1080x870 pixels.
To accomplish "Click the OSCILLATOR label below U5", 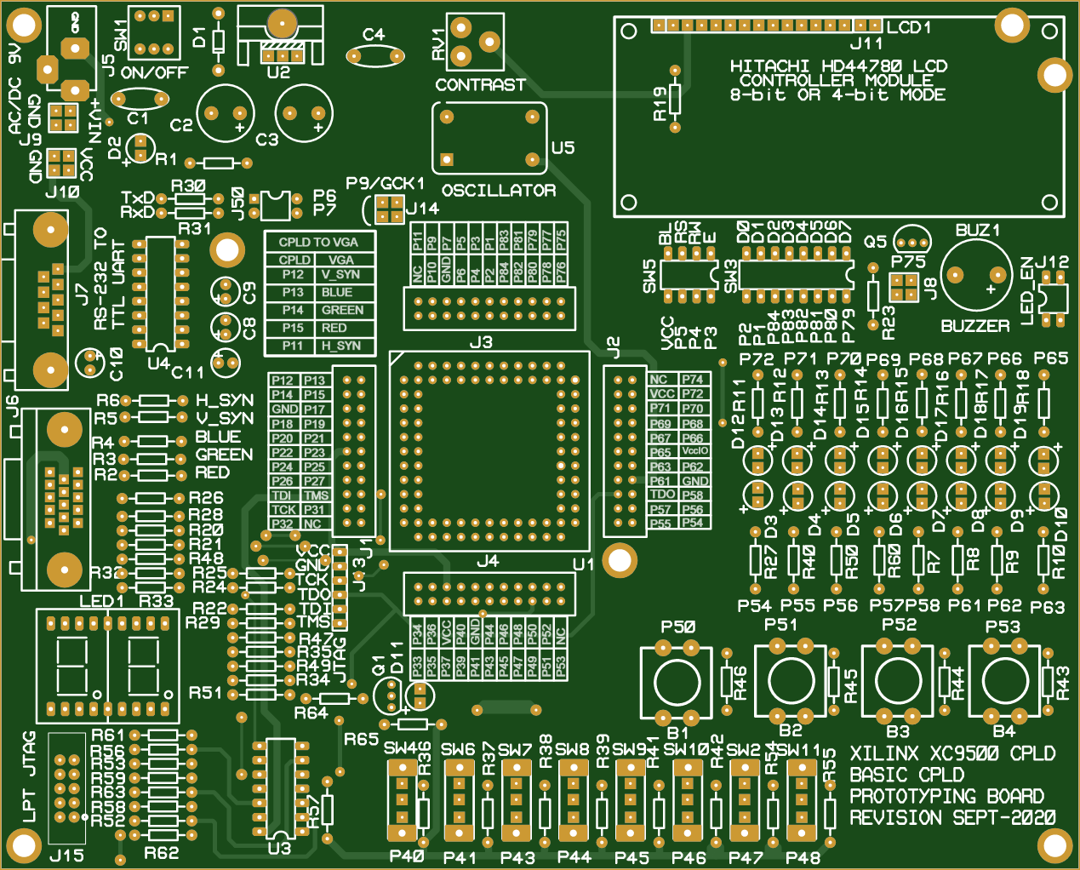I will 498,191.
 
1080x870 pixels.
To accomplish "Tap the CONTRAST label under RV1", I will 480,85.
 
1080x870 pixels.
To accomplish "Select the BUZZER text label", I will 974,326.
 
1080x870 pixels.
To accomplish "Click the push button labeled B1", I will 677,683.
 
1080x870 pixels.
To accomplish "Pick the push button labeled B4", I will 1005,682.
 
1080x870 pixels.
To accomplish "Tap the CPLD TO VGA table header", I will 318,242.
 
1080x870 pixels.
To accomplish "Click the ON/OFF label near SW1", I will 153,73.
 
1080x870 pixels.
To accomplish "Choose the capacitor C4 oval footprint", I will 374,56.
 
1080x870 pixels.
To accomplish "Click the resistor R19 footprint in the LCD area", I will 676,99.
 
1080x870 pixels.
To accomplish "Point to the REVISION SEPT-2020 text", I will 952,818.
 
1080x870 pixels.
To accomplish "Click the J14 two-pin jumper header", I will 389,209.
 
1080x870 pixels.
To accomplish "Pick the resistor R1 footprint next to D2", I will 219,163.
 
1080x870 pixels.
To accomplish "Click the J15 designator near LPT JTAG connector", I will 66,856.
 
